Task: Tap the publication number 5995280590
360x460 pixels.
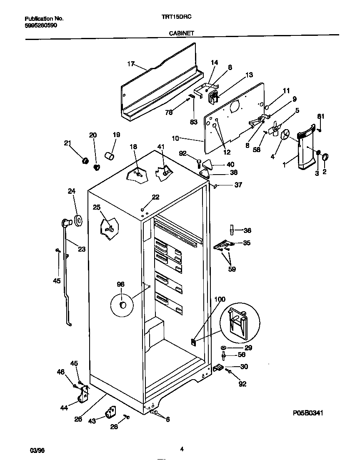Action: (41, 25)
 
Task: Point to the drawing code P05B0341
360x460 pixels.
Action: (308, 413)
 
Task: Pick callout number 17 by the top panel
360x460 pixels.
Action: (131, 64)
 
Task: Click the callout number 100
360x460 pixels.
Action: (220, 299)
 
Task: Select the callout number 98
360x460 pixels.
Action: (120, 284)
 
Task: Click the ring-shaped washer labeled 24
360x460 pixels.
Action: (78, 220)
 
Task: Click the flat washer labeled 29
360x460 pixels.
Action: (225, 347)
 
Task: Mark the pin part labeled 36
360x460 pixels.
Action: (231, 230)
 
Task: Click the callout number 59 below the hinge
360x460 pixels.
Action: (232, 269)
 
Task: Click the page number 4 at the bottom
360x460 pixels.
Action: (182, 449)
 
